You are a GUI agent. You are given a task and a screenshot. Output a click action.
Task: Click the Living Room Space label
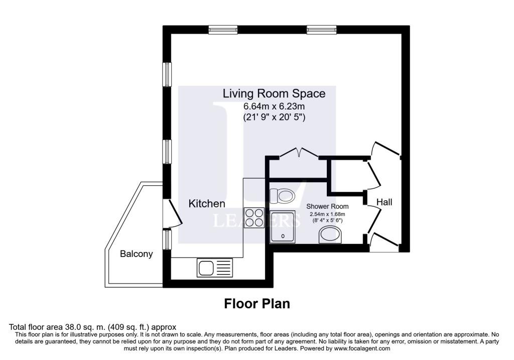click(274, 93)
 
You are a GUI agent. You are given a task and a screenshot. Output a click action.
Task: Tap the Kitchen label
click(207, 204)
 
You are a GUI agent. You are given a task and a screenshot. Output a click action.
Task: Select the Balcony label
click(137, 254)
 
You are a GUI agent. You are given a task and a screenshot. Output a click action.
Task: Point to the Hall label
click(384, 202)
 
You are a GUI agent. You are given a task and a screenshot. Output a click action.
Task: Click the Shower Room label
click(327, 206)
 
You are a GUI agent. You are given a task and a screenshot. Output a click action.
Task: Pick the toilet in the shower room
click(282, 196)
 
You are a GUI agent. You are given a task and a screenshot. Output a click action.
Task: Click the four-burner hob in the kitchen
click(254, 218)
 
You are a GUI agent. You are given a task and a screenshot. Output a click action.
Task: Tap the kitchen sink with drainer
click(215, 268)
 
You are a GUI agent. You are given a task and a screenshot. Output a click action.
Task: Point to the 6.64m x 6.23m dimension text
click(274, 106)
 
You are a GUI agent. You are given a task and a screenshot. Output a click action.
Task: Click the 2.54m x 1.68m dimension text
click(327, 214)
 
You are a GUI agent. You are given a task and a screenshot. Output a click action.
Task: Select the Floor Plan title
click(257, 304)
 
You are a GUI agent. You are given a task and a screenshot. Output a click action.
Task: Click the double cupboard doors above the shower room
click(299, 153)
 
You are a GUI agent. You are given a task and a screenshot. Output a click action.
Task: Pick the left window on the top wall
click(223, 30)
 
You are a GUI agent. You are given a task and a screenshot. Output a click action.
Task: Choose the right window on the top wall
click(322, 30)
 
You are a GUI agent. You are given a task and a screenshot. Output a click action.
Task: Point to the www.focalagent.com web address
click(362, 348)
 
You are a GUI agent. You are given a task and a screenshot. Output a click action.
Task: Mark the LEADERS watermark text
click(256, 220)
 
